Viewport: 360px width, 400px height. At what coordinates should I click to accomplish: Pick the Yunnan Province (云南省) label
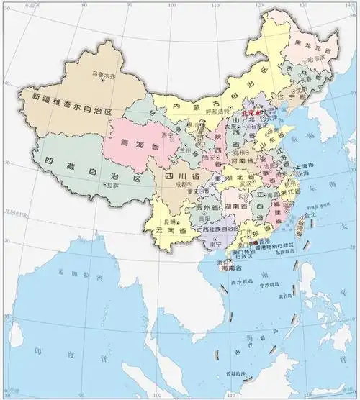pos(171,229)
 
